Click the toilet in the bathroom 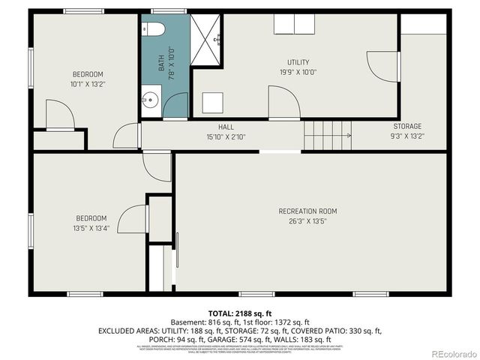point(154,29)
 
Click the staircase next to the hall point(327,135)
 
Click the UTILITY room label point(298,62)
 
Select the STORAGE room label point(407,126)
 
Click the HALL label point(226,127)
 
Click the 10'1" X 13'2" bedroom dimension point(87,85)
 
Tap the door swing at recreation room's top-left point(157,166)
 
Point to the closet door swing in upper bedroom point(59,114)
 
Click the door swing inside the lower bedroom point(133,218)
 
